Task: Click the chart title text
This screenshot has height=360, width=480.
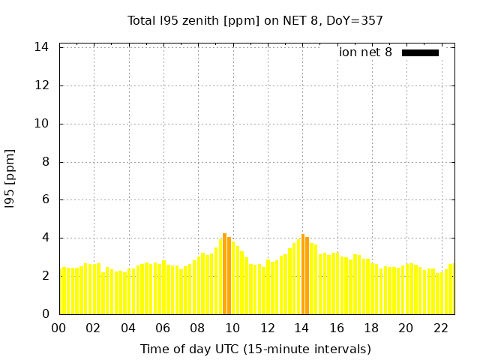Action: tap(255, 20)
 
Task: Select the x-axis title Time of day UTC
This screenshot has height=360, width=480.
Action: tap(255, 349)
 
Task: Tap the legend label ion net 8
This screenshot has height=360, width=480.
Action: tap(365, 52)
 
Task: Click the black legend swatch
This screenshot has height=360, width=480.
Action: tap(420, 52)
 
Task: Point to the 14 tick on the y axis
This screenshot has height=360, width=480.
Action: tap(42, 47)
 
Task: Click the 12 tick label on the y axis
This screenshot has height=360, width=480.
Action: tap(42, 85)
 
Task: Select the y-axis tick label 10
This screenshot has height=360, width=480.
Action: tap(42, 124)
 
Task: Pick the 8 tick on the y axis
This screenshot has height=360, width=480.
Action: tap(46, 162)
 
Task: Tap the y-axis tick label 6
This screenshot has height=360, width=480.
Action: tap(46, 200)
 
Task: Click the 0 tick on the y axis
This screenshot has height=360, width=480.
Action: tap(46, 314)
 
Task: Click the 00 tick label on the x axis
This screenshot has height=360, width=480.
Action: tap(59, 328)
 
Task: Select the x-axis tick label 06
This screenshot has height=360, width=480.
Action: tap(163, 328)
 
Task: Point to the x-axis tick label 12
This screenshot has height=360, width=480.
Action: tap(267, 328)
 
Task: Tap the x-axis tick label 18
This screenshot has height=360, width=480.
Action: tap(371, 328)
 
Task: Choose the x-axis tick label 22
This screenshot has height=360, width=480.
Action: tap(440, 328)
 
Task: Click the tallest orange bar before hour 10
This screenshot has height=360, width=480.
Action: tap(224, 274)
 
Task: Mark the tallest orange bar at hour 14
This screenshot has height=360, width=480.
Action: tap(303, 274)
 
